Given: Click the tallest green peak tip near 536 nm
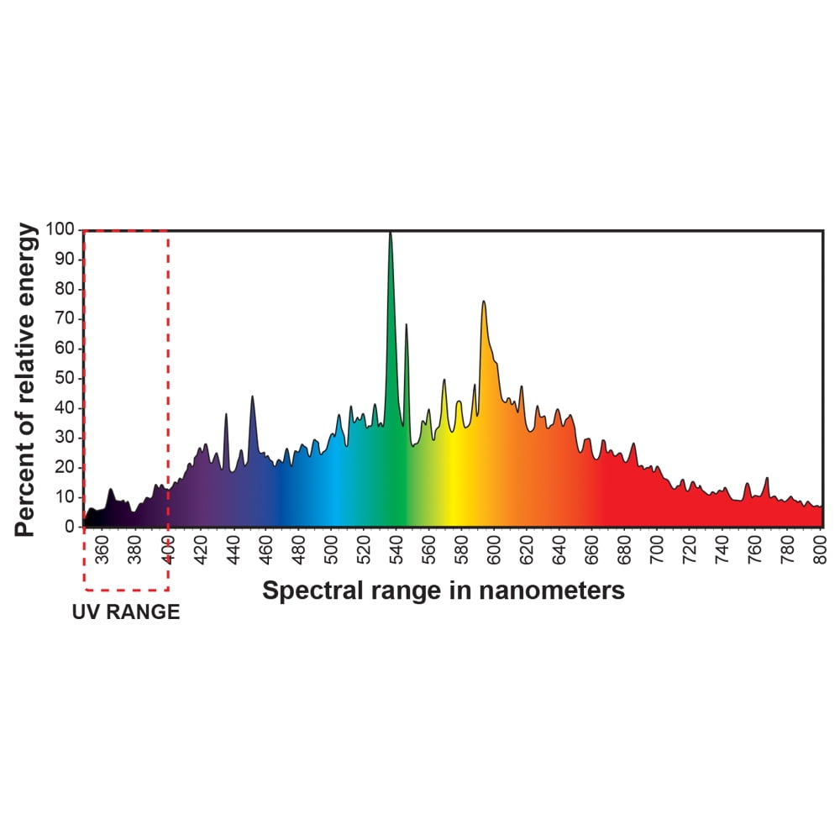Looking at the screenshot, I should click(390, 234).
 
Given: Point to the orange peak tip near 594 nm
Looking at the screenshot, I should click(483, 302).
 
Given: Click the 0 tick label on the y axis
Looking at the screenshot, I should click(72, 527).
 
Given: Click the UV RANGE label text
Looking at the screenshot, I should click(125, 612).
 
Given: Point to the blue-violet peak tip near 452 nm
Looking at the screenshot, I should click(252, 396).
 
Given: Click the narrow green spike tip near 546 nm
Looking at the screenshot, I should click(407, 324).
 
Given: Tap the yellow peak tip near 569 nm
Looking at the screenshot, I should click(444, 380).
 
